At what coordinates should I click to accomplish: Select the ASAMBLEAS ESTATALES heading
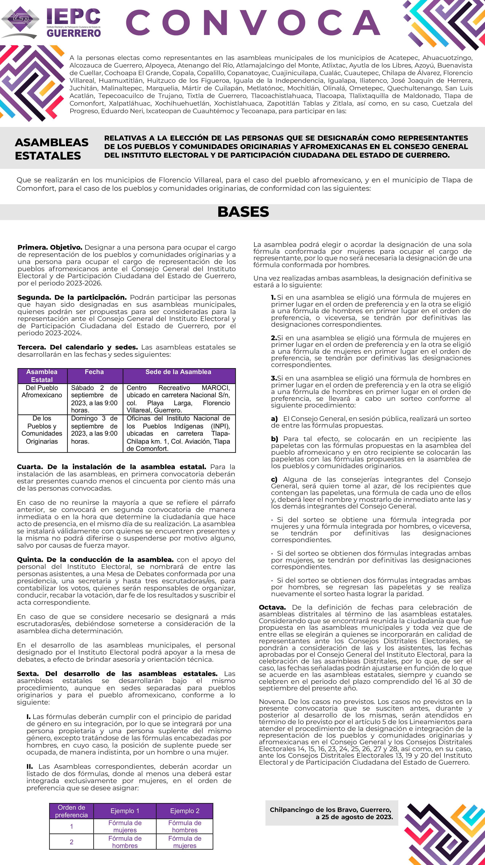[52, 149]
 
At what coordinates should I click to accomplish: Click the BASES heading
[243, 212]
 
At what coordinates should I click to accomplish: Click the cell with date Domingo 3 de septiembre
[94, 430]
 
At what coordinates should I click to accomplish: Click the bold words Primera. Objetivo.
[50, 247]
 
